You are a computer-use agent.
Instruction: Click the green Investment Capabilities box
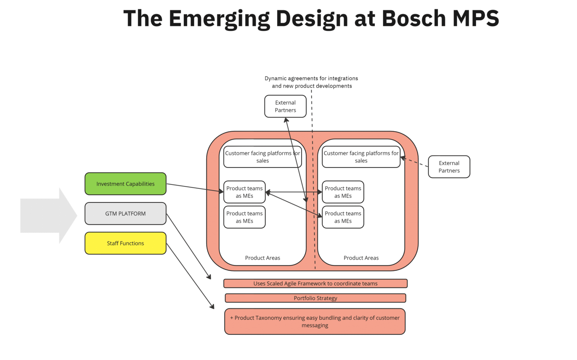coord(125,184)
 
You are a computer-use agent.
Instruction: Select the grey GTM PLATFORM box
coord(125,213)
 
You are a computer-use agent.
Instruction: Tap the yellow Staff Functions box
coord(125,243)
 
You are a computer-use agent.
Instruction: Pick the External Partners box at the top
coord(285,106)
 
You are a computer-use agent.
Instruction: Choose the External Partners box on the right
coord(449,167)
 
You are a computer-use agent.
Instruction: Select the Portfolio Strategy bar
coord(315,298)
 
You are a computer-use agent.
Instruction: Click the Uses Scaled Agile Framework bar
coord(315,283)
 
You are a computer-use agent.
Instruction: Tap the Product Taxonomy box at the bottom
coord(315,321)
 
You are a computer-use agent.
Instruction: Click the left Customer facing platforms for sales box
coord(262,157)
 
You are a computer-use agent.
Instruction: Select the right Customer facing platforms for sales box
coord(361,157)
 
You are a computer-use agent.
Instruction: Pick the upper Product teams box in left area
coord(244,192)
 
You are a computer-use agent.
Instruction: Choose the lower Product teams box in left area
coord(244,217)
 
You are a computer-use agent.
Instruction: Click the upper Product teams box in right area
coord(343,192)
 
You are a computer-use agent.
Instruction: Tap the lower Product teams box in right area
coord(343,217)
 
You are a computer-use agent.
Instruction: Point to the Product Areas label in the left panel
coord(262,258)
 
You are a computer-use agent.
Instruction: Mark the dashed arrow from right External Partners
coord(415,162)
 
